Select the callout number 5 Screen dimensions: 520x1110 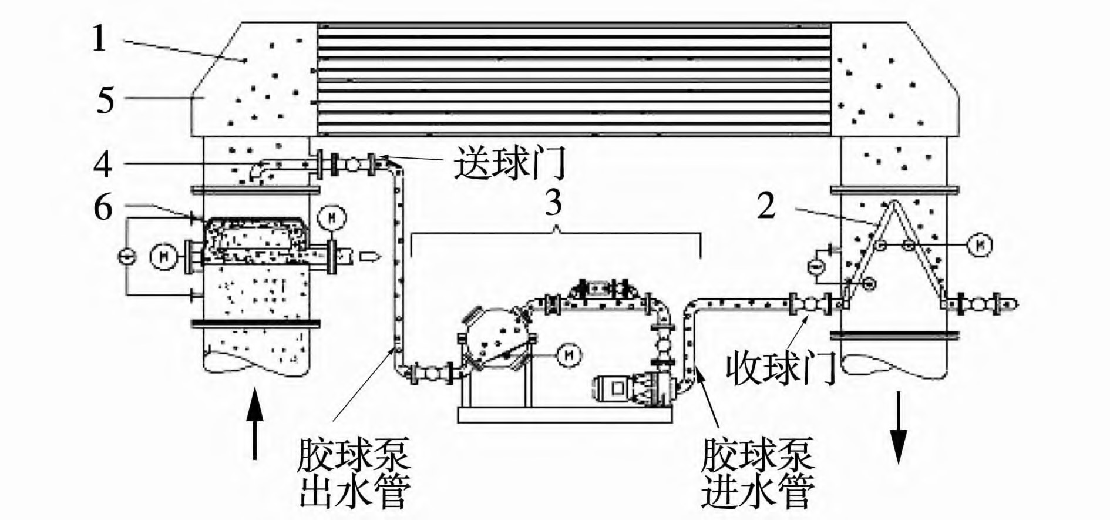pyautogui.click(x=106, y=100)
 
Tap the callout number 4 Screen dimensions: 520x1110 pyautogui.click(x=103, y=164)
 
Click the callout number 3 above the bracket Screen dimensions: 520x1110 pyautogui.click(x=553, y=203)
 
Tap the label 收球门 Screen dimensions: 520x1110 pyautogui.click(x=781, y=368)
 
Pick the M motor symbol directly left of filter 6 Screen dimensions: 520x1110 pyautogui.click(x=160, y=257)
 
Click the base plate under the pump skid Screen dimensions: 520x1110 pyautogui.click(x=564, y=415)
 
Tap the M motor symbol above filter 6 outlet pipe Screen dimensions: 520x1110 pyautogui.click(x=331, y=218)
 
